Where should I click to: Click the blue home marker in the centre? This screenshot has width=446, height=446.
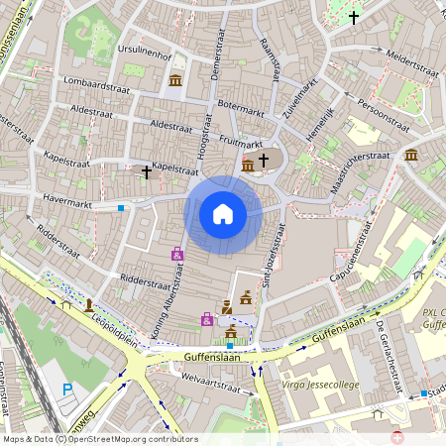point(223,214)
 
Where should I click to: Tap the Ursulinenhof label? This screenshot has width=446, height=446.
point(146,47)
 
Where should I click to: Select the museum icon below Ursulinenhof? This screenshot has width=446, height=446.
point(175,80)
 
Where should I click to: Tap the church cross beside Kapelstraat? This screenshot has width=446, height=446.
point(147,172)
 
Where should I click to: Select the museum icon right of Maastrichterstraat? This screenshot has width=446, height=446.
point(411,155)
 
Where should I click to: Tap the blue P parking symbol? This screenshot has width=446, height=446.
point(67,390)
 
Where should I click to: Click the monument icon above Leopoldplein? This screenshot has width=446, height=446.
point(89,304)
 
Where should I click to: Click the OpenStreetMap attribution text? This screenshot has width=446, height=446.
point(99,439)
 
